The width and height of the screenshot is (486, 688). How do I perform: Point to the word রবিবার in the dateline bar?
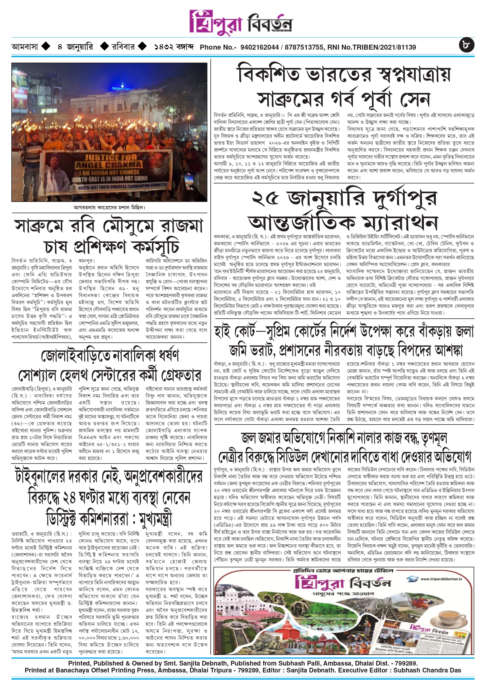tap(123, 47)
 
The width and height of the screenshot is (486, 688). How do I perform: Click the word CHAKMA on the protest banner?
tap(123, 165)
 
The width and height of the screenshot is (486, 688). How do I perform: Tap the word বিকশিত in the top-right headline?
tap(268, 75)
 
